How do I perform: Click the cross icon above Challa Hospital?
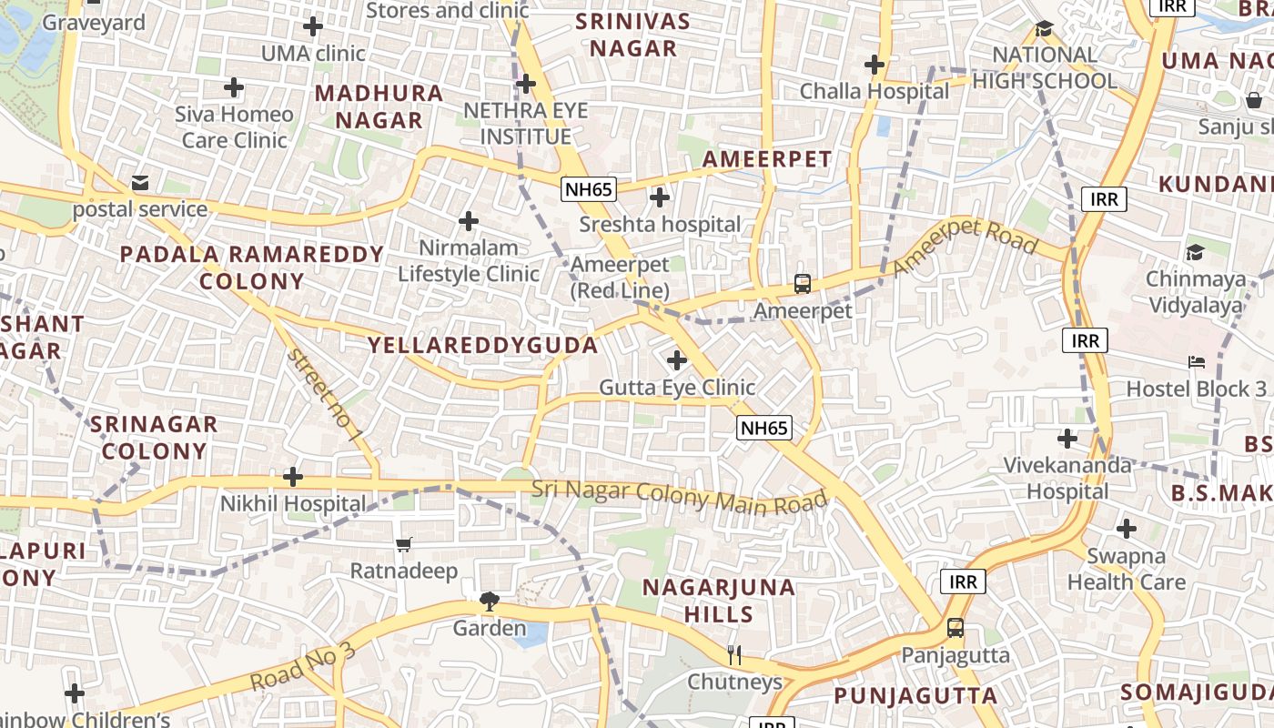click(875, 65)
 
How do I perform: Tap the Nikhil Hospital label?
click(293, 503)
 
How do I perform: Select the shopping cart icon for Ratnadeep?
click(404, 544)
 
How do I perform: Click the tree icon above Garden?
click(490, 601)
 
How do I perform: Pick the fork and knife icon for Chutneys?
click(734, 654)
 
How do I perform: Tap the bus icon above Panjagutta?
click(955, 627)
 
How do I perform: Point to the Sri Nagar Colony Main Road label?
click(680, 497)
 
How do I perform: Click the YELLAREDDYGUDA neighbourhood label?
click(482, 345)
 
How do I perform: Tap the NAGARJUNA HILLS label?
click(719, 600)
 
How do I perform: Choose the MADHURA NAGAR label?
click(379, 106)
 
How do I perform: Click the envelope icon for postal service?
click(140, 183)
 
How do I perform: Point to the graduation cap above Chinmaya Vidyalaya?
click(1195, 252)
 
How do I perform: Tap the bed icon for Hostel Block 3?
click(1197, 362)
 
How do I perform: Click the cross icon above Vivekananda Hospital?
click(1067, 439)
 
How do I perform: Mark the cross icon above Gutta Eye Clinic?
click(677, 360)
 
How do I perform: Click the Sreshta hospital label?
click(661, 224)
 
